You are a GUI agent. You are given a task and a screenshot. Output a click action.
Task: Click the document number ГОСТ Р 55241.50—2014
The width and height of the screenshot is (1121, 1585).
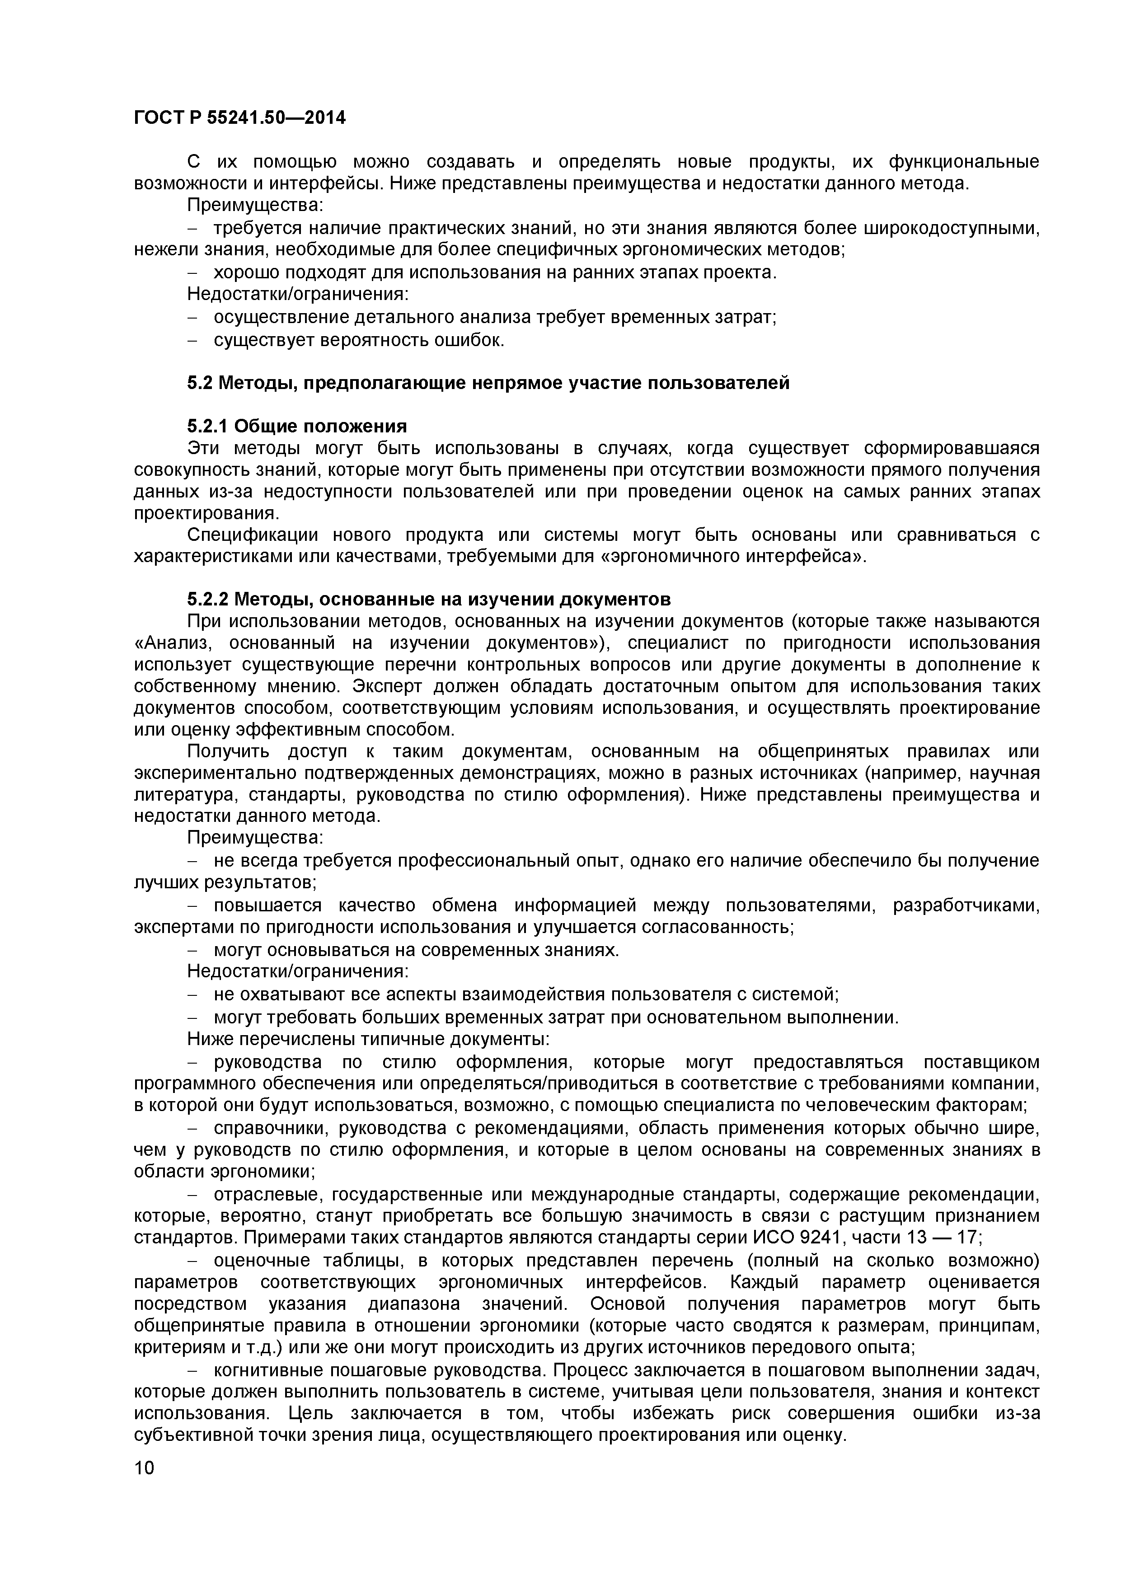[239, 118]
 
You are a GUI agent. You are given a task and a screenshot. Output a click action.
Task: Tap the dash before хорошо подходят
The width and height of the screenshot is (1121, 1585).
[193, 273]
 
